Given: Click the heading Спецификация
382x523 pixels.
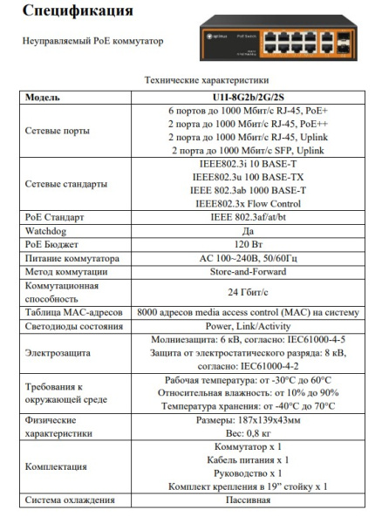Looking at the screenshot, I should (78, 12).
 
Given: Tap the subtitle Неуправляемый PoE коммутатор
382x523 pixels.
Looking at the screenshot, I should (92, 41).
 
